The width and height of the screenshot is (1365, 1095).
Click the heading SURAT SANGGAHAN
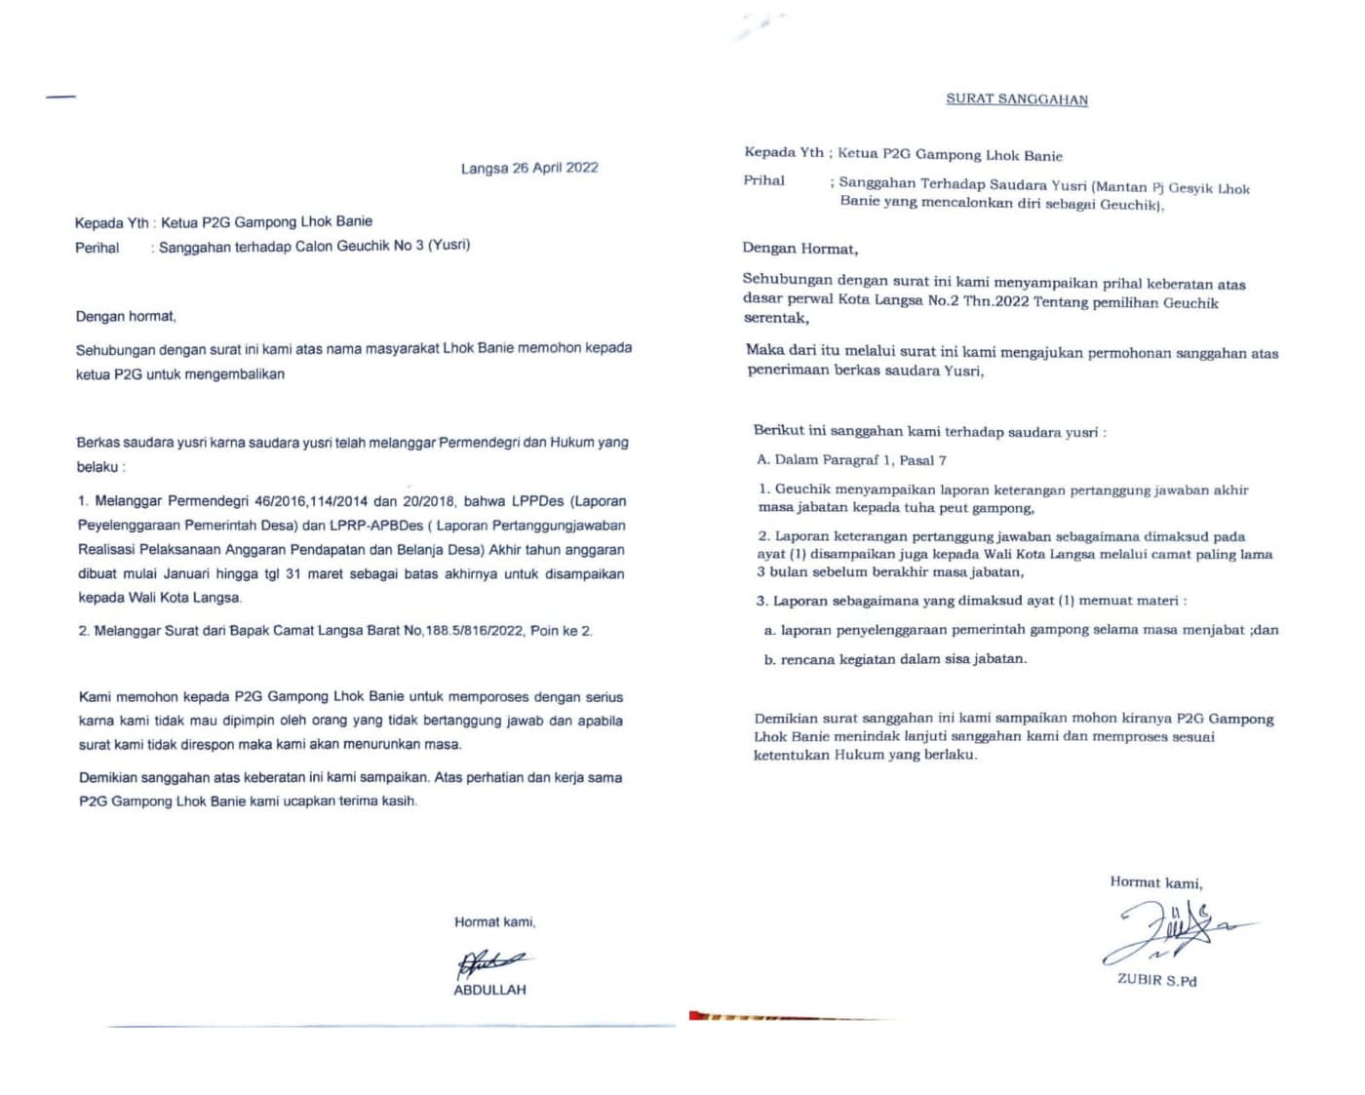click(1016, 99)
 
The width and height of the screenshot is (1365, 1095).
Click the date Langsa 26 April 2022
click(529, 168)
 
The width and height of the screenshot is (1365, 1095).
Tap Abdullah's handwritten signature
click(490, 963)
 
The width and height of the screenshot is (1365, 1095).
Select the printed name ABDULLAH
click(489, 990)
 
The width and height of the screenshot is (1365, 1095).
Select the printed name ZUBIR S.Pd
click(1156, 980)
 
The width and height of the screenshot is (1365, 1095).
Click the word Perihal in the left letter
click(97, 248)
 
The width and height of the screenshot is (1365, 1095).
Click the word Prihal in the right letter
click(763, 180)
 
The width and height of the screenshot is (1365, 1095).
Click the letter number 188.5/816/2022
click(474, 631)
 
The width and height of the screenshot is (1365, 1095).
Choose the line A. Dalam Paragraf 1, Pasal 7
click(851, 460)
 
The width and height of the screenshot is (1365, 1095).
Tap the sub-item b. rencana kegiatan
click(894, 659)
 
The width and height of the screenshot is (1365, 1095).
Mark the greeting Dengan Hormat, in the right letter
click(799, 249)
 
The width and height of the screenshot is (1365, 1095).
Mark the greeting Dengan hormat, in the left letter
click(126, 316)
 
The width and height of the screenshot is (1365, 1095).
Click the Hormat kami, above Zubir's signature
click(1155, 882)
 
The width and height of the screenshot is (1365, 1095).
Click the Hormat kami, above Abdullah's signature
click(494, 921)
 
